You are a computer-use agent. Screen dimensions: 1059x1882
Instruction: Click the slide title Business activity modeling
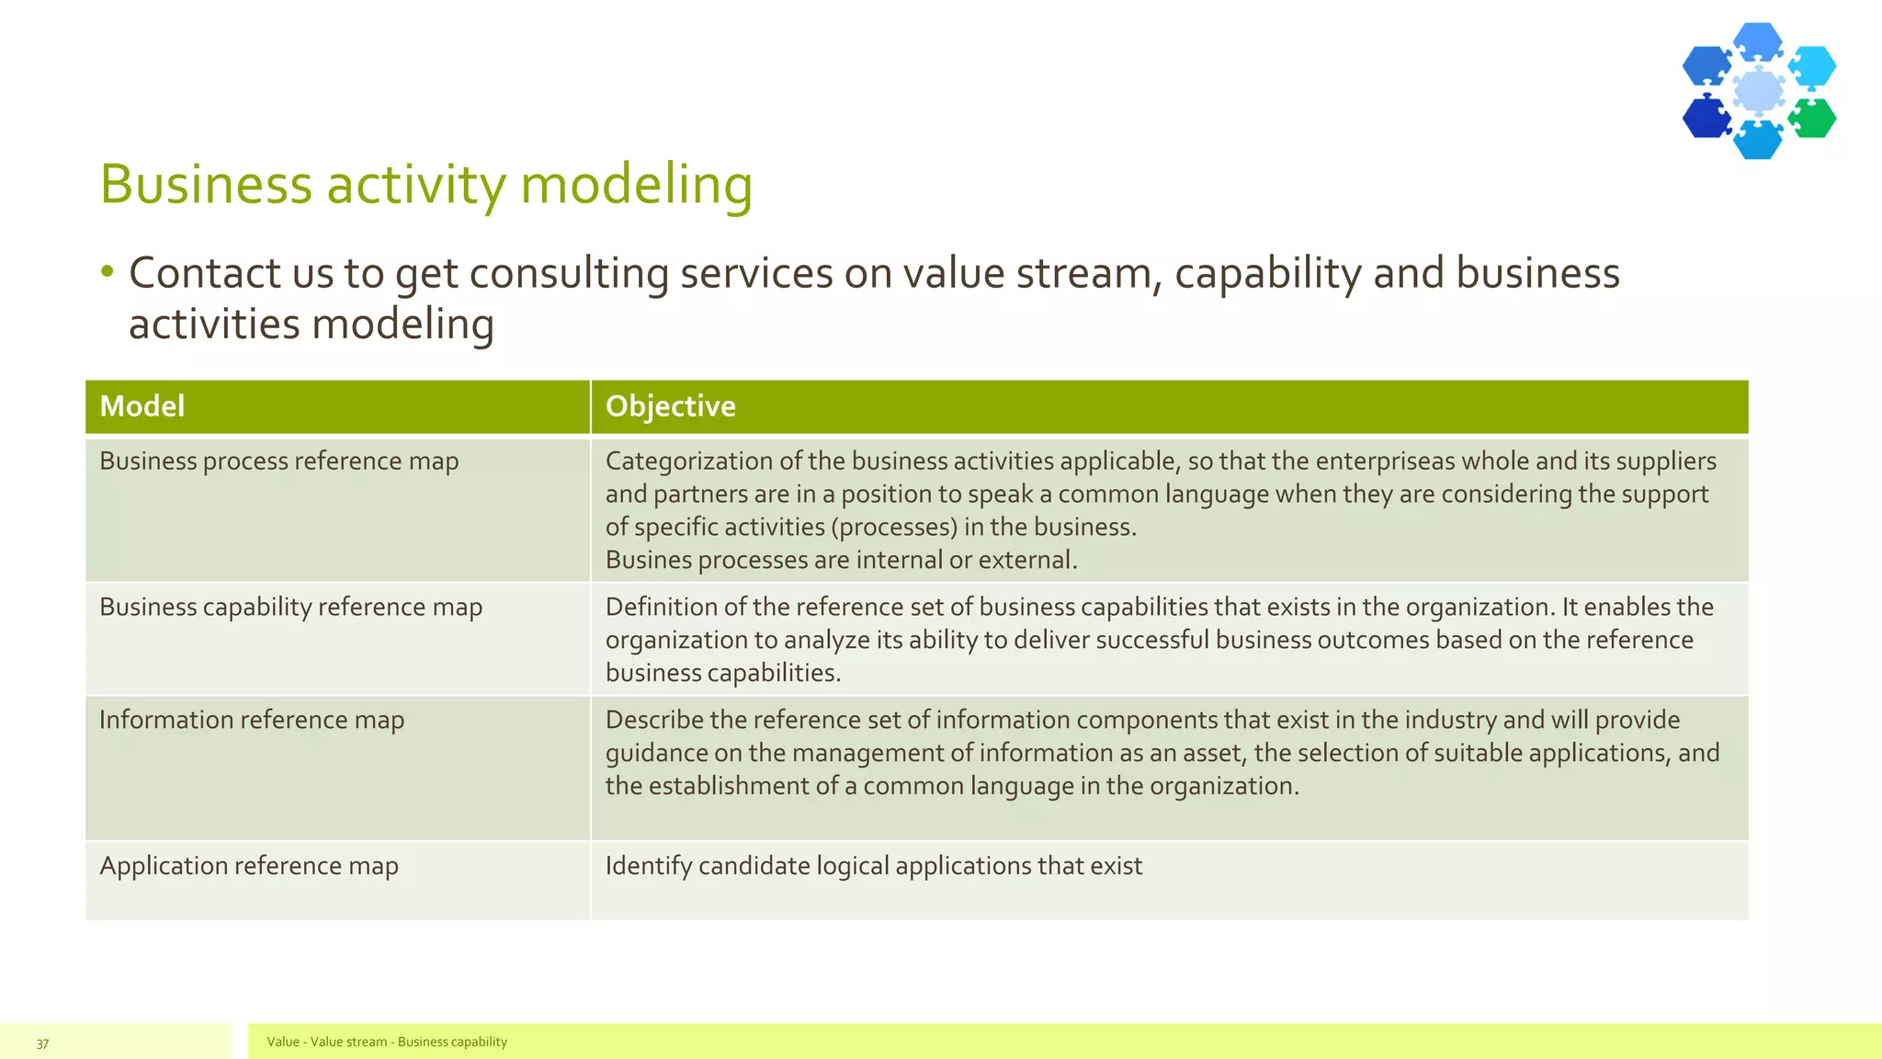click(425, 185)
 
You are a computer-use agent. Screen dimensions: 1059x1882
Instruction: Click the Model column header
click(142, 406)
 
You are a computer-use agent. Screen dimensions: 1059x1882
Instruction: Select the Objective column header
click(670, 406)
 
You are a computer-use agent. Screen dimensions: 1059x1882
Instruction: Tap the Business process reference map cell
click(278, 461)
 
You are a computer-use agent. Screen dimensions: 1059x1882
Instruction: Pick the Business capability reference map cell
click(290, 608)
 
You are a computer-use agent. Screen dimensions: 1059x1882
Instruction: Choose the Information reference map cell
click(251, 721)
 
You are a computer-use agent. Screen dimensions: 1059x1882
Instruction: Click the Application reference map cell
click(248, 867)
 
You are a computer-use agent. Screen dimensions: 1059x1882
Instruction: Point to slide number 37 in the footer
click(42, 1043)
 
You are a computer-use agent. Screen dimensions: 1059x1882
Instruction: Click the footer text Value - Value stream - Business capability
click(386, 1042)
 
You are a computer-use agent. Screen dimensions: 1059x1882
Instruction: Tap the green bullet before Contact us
click(108, 271)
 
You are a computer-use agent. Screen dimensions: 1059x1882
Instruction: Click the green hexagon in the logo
click(1813, 119)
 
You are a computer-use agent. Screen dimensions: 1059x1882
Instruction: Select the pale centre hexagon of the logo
click(1759, 91)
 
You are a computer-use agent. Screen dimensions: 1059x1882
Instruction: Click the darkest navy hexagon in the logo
click(1706, 118)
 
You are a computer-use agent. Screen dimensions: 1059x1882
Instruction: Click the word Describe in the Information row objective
click(654, 721)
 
